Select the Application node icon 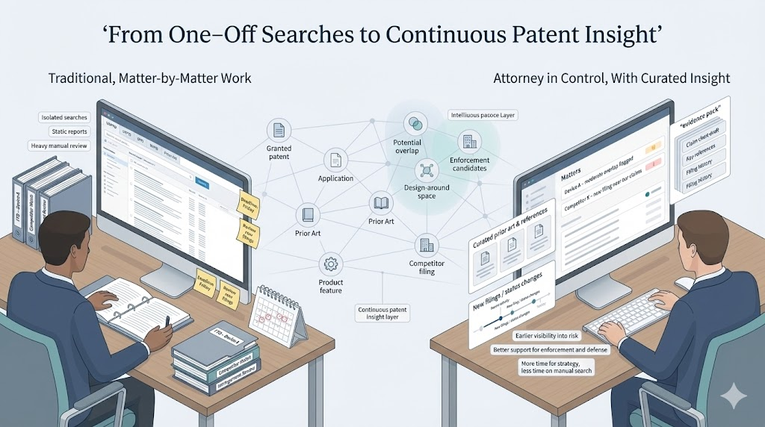pyautogui.click(x=335, y=159)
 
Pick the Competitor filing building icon pyautogui.click(x=427, y=244)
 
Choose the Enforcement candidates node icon pyautogui.click(x=469, y=141)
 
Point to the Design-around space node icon pyautogui.click(x=427, y=169)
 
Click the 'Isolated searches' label pyautogui.click(x=65, y=117)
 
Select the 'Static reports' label pyautogui.click(x=68, y=131)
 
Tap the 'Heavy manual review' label pyautogui.click(x=59, y=146)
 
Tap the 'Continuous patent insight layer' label pyautogui.click(x=382, y=313)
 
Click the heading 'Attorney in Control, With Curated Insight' pyautogui.click(x=612, y=78)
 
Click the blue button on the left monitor pyautogui.click(x=202, y=181)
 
